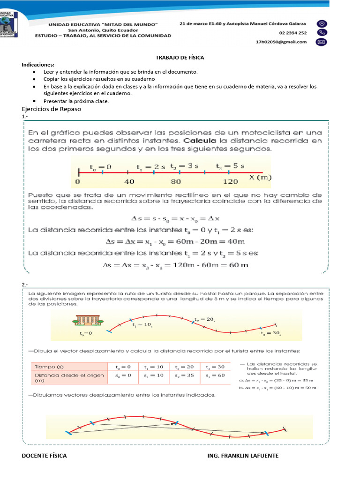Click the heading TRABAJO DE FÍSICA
(180, 57)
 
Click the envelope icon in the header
(322, 42)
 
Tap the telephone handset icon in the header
(322, 32)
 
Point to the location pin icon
(322, 23)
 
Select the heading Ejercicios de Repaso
(52, 109)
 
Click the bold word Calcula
(200, 140)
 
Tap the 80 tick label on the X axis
(176, 181)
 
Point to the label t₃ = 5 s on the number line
(230, 166)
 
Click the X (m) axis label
(261, 177)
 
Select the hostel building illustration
(88, 320)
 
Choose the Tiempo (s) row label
(50, 367)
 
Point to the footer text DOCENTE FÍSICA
(44, 455)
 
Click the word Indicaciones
(38, 64)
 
